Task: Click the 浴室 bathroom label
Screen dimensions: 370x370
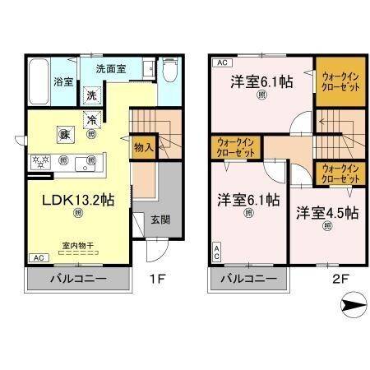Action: (64, 82)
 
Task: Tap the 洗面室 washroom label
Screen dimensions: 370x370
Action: (109, 70)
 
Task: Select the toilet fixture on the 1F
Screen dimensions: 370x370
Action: (169, 73)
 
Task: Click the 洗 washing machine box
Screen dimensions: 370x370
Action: (92, 95)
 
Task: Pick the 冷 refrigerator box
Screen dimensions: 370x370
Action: (92, 120)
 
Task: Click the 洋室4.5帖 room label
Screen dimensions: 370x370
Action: (326, 212)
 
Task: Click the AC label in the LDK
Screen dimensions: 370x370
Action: (38, 257)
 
